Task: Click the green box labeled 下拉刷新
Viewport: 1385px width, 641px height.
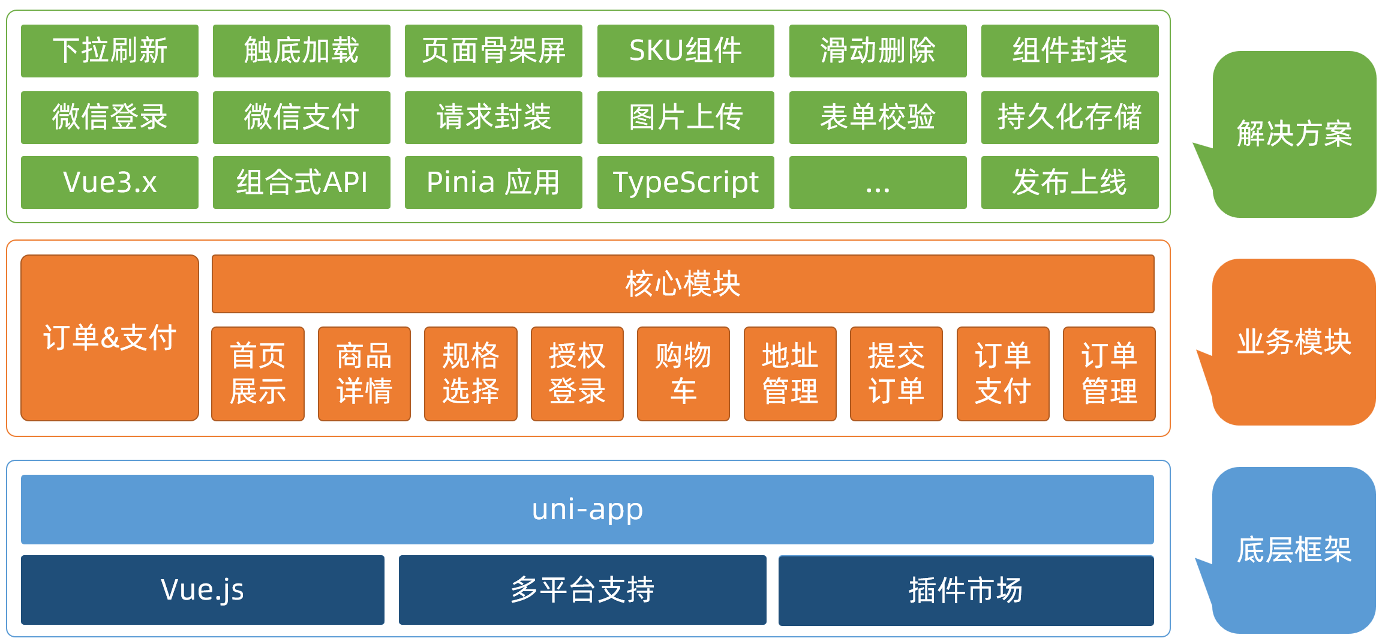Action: coord(110,51)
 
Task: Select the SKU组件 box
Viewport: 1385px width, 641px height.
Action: coord(686,51)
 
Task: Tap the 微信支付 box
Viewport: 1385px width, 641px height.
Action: coord(302,118)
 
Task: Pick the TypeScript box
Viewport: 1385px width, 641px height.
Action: coord(686,182)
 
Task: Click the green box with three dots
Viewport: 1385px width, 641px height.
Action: coord(878,182)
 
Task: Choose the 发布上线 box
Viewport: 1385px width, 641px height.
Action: coord(1069,182)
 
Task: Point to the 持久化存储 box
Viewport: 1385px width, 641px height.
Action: coord(1069,118)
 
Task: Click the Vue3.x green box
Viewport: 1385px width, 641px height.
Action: coord(110,182)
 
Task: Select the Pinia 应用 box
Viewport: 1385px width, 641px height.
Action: coord(493,182)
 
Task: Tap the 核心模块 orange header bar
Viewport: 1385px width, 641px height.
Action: coord(683,284)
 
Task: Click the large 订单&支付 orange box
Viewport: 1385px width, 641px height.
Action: coord(110,338)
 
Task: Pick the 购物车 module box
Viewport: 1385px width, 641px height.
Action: coord(683,374)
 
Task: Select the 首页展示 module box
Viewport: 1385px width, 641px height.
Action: coord(258,374)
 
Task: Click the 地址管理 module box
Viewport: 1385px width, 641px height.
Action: coord(790,374)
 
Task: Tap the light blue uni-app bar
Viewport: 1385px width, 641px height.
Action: coord(587,510)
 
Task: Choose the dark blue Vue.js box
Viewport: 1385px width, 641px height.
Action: coord(203,590)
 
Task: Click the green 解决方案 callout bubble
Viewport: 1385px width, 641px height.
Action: coord(1294,134)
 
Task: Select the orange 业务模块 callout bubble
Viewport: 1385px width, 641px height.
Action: coord(1294,342)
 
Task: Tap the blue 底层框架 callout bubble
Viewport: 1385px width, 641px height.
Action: coord(1294,550)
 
